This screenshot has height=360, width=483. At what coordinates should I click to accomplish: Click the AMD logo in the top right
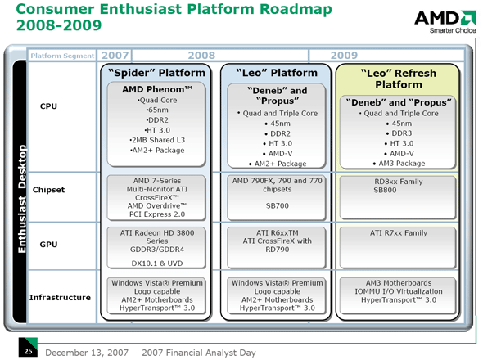[x=444, y=20]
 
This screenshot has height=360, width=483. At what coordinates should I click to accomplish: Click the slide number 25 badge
[x=27, y=352]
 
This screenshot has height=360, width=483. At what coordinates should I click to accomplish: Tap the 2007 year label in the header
[x=115, y=55]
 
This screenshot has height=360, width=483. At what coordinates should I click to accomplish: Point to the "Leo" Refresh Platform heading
[x=392, y=79]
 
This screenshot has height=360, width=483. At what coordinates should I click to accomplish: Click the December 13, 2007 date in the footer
[x=86, y=352]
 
